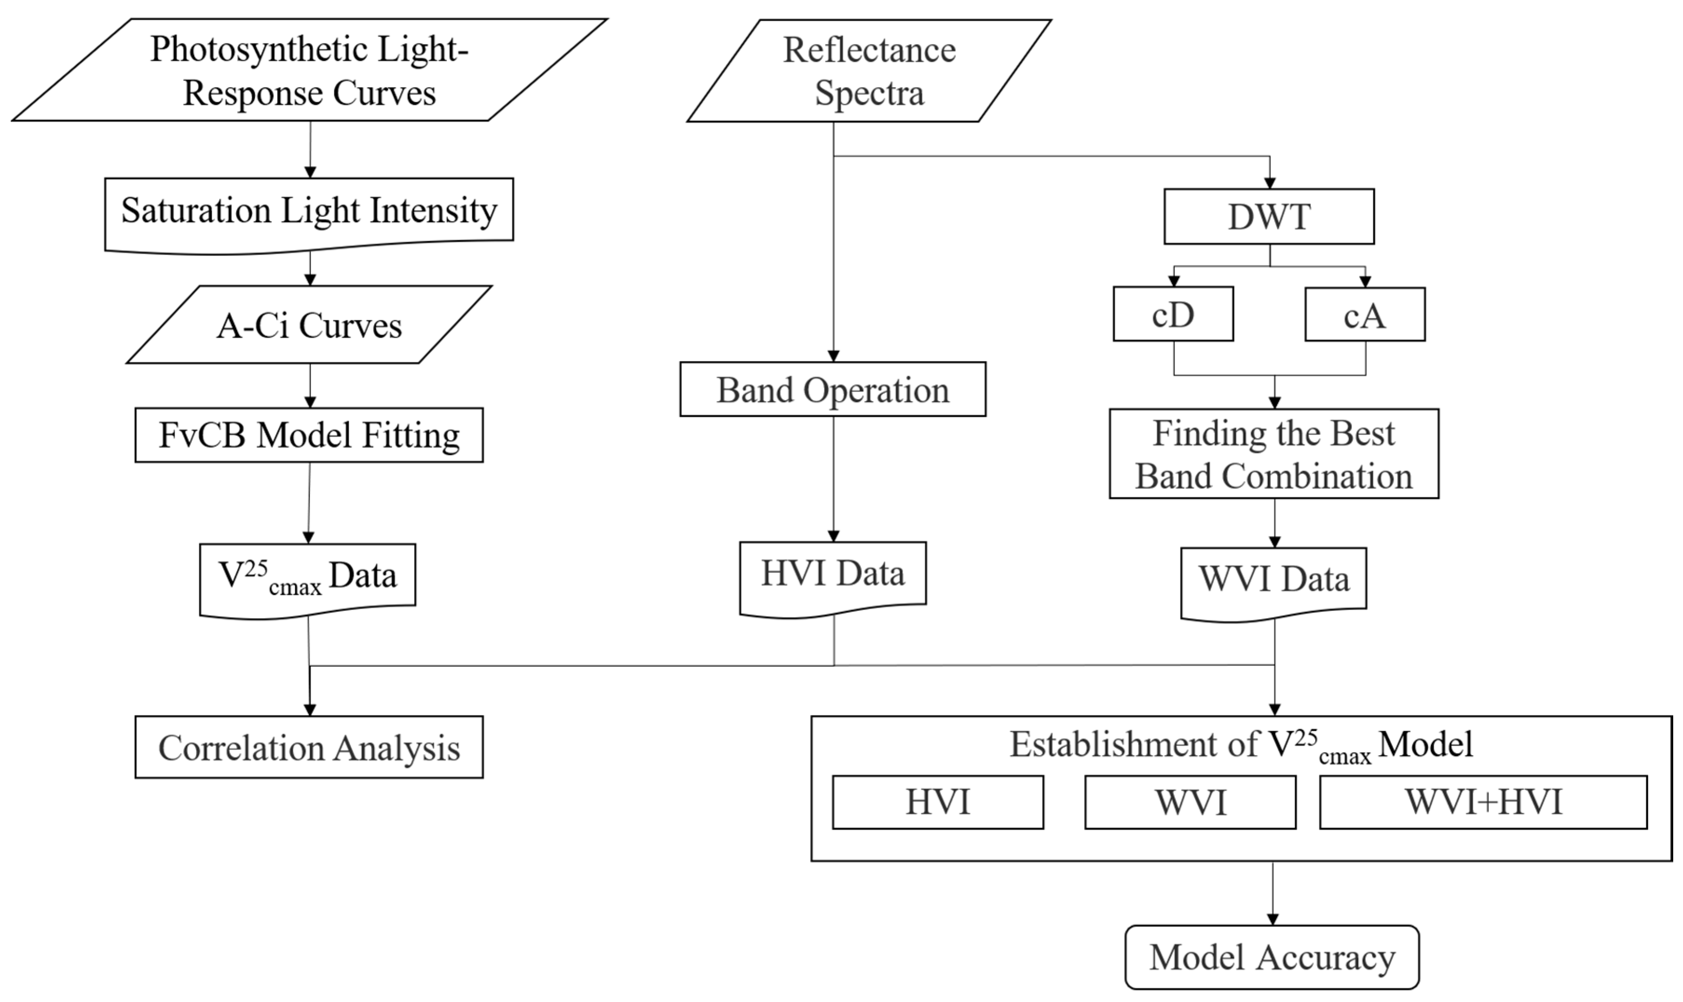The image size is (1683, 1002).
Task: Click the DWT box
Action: coord(1268,217)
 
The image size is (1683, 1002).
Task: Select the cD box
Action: coord(1172,314)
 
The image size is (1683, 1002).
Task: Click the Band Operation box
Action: coord(832,389)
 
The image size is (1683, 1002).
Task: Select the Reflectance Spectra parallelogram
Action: coord(869,71)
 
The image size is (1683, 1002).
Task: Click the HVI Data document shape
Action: coord(832,574)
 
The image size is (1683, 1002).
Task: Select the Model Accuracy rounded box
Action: coord(1272,957)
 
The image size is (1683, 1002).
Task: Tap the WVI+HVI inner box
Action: coord(1483,802)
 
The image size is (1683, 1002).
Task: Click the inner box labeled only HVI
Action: coord(937,802)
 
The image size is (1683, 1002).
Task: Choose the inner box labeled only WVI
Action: coord(1190,802)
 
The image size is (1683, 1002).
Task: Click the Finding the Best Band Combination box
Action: coord(1273,454)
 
